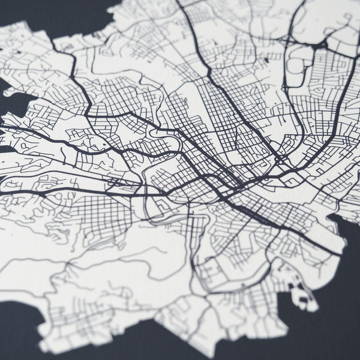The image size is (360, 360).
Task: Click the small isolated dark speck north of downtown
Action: pyautogui.click(x=265, y=61)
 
